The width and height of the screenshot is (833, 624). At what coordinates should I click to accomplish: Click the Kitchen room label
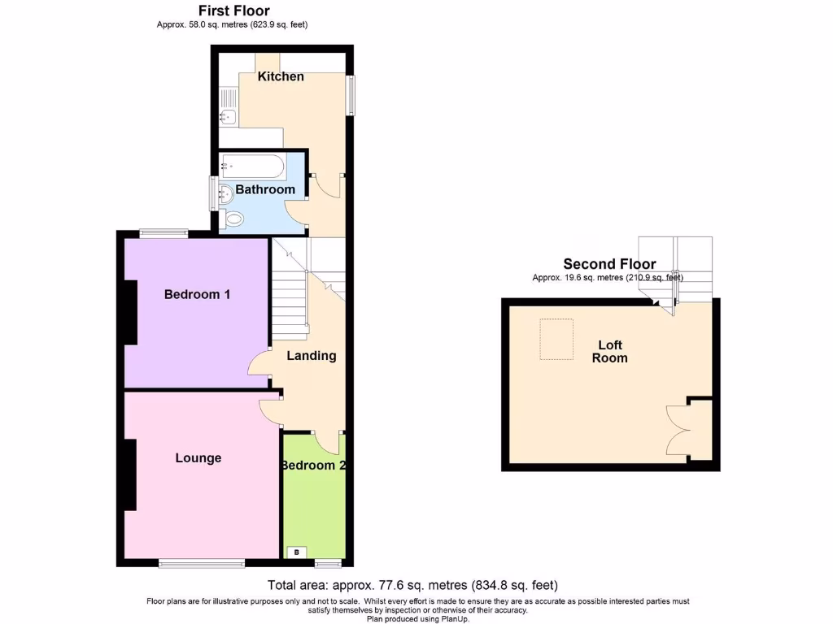[281, 76]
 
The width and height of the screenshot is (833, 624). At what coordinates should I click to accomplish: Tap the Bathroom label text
[265, 189]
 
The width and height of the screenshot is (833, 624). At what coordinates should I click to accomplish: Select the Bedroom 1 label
[197, 294]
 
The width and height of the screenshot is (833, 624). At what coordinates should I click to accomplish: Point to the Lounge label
[198, 458]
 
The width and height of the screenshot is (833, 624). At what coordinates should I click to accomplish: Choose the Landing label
[312, 356]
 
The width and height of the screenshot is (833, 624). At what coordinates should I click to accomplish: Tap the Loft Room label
[609, 352]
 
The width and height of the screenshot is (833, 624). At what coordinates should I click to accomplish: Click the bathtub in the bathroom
[252, 167]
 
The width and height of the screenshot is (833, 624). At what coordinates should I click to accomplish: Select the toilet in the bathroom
[233, 219]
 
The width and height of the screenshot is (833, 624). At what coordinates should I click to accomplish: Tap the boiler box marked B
[297, 552]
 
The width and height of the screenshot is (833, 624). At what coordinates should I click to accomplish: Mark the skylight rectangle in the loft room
[557, 339]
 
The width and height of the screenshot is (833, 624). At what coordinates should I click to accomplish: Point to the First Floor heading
[234, 11]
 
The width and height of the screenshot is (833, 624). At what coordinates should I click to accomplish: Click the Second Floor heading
[609, 264]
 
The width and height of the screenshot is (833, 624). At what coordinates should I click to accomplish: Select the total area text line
[412, 585]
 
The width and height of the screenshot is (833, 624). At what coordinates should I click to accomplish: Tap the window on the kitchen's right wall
[351, 95]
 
